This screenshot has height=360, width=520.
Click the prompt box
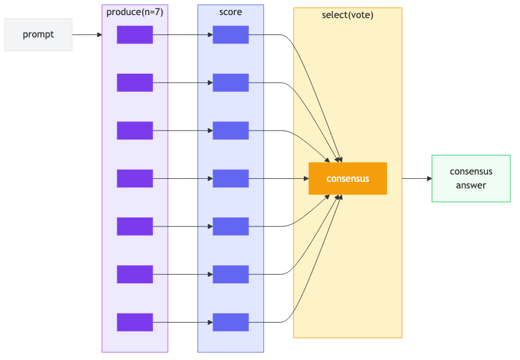point(38,34)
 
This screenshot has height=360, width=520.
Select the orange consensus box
point(347,178)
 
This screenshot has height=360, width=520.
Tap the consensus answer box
point(471,178)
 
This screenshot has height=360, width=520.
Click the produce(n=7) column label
point(135,12)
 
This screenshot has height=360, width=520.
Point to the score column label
point(231,12)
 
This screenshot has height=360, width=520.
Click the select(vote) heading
point(348,15)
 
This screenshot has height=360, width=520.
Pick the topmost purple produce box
point(135,35)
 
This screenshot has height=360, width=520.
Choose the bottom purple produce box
point(135,322)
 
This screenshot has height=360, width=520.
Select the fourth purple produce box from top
point(135,178)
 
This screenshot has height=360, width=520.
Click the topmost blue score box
point(231,35)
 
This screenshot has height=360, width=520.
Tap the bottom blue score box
point(231,322)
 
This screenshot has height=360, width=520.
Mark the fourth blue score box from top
point(231,178)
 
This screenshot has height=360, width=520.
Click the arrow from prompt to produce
point(87,35)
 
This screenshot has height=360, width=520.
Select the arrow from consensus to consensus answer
point(417,179)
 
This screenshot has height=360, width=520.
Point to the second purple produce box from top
point(135,83)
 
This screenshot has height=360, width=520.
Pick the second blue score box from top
point(231,83)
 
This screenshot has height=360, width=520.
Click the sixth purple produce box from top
point(135,274)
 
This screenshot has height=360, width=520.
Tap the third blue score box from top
point(231,130)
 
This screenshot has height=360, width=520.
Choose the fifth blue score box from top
point(231,227)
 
